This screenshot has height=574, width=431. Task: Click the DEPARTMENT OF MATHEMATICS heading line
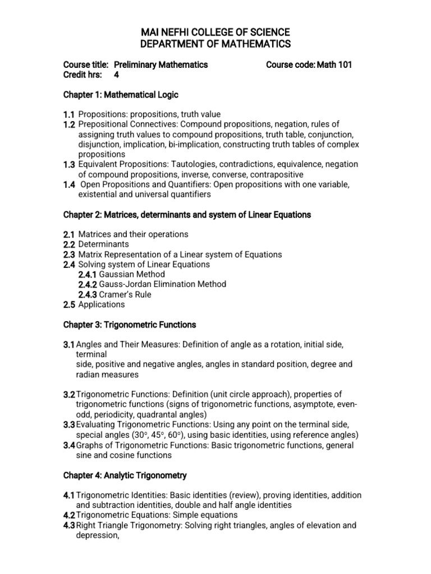pyautogui.click(x=215, y=44)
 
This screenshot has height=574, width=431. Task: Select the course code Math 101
pyautogui.click(x=334, y=64)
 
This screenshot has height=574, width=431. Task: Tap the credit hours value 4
pyautogui.click(x=117, y=75)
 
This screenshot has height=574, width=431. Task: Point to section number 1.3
pyautogui.click(x=69, y=164)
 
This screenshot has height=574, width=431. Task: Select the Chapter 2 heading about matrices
pyautogui.click(x=187, y=215)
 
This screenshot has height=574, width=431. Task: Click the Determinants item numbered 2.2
pyautogui.click(x=103, y=244)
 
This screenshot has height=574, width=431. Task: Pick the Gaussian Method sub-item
pyautogui.click(x=131, y=274)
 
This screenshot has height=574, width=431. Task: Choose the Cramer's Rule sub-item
pyautogui.click(x=125, y=294)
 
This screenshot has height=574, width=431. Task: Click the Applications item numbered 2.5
pyautogui.click(x=102, y=304)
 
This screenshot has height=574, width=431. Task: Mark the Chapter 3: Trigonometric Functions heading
pyautogui.click(x=130, y=325)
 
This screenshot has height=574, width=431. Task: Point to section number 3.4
pyautogui.click(x=69, y=445)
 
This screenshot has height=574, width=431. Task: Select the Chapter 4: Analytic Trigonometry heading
pyautogui.click(x=125, y=475)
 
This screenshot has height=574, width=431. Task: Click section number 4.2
pyautogui.click(x=69, y=515)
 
